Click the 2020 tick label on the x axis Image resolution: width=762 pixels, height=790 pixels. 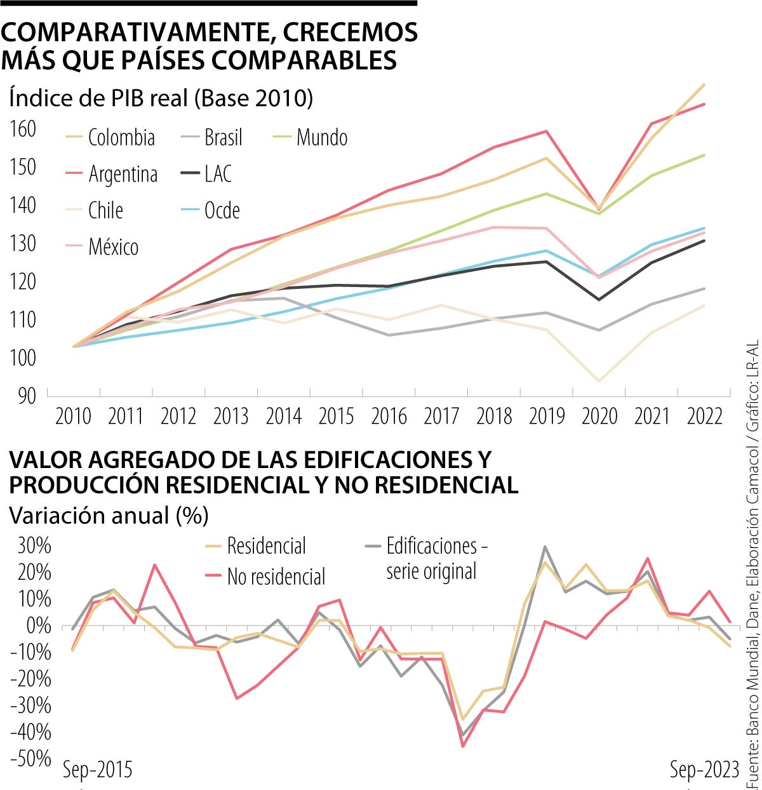(599, 417)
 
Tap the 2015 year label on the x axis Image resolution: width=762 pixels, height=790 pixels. (336, 417)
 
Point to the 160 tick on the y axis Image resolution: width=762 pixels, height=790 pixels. (23, 129)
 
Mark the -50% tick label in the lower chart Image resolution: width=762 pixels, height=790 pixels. (30, 758)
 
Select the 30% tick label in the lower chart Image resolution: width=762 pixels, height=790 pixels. (30, 546)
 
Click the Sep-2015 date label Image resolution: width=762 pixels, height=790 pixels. (98, 770)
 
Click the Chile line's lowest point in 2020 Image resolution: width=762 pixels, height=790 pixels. (599, 381)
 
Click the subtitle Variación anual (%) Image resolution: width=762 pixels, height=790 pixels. (109, 516)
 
